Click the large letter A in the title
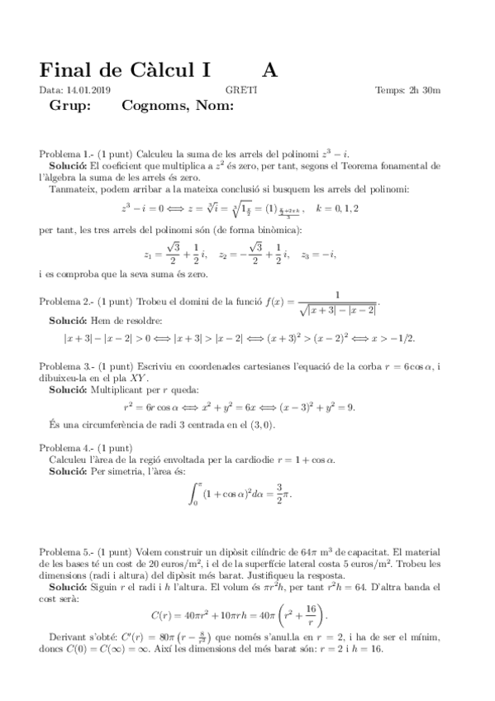(272, 70)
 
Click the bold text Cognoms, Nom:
(178, 106)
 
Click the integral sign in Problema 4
(195, 494)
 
